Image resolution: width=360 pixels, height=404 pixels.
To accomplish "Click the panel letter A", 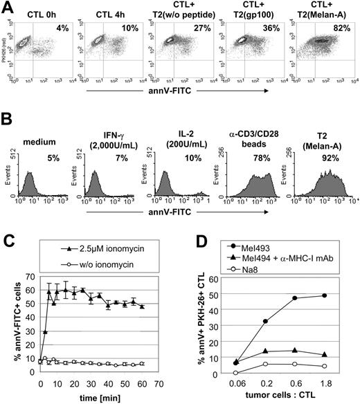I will click(x=7, y=7).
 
